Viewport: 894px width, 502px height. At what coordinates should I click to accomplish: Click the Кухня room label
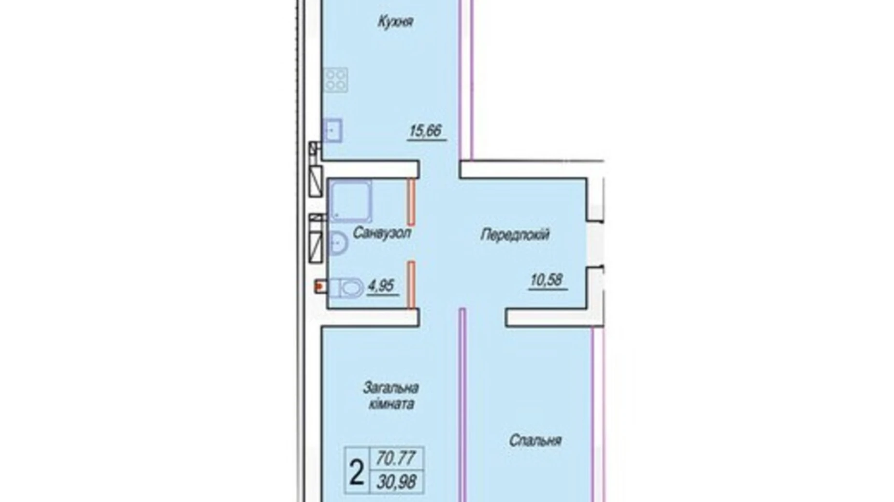click(395, 22)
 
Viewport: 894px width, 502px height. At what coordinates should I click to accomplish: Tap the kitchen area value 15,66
click(426, 131)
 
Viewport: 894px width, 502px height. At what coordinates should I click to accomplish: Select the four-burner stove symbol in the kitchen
click(336, 80)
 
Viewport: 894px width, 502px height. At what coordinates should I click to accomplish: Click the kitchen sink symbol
click(333, 130)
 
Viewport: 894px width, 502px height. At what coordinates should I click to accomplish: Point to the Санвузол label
click(382, 233)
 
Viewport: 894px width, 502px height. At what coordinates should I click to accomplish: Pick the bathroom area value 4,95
click(382, 286)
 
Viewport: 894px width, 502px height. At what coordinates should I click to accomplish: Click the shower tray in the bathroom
click(350, 200)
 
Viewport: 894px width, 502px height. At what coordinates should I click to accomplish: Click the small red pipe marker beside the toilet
click(319, 287)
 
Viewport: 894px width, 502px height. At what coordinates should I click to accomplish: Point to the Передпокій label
click(515, 235)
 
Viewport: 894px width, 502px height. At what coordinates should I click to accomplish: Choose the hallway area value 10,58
click(547, 280)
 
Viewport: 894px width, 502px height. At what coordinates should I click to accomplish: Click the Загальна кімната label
click(391, 395)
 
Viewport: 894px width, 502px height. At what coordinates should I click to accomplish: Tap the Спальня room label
click(535, 441)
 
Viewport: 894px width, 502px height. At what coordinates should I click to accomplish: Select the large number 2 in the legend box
click(356, 472)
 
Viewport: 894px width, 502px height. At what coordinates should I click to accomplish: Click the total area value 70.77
click(396, 458)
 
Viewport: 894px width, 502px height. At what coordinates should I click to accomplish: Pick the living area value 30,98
click(396, 481)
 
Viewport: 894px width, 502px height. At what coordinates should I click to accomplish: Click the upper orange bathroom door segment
click(411, 202)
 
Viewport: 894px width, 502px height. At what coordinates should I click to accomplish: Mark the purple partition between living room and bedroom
click(462, 405)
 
